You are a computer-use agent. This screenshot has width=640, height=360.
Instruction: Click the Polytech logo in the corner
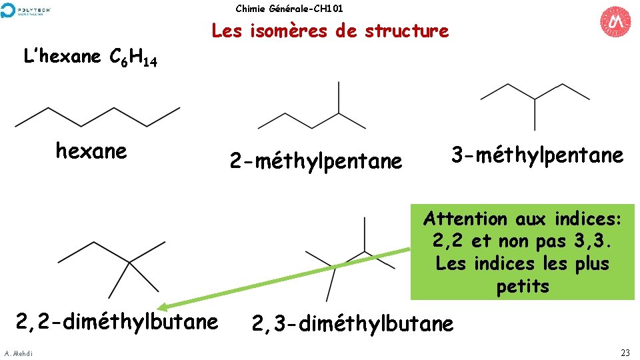26,10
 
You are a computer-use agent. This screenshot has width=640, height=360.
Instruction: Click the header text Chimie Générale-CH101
289,9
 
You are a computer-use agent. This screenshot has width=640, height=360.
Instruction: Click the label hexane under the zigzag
91,151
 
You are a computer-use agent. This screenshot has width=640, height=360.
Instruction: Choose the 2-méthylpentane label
316,161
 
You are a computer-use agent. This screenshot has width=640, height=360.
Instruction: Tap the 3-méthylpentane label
537,155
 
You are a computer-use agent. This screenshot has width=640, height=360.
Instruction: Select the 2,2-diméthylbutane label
117,321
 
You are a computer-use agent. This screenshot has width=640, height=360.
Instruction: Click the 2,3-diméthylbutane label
352,323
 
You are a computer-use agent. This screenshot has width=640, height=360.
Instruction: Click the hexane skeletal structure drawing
97,116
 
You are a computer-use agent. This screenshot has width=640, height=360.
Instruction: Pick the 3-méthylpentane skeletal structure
535,103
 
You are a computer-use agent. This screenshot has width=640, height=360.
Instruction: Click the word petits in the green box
523,287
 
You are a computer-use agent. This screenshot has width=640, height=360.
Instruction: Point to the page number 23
625,353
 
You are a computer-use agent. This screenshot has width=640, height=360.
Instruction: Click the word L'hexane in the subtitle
62,57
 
